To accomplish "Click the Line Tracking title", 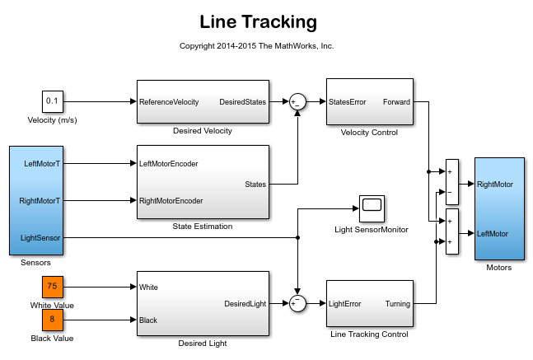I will point(258,22).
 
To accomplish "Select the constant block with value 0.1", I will point(53,101).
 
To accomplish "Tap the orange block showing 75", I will point(53,287).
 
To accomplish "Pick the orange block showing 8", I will point(53,320).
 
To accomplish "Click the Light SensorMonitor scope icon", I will point(372,208).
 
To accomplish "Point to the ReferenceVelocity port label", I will point(169,102).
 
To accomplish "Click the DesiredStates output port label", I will point(242,102).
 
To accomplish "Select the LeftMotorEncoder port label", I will point(169,163).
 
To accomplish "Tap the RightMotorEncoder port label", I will point(171,200).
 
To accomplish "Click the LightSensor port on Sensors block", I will point(40,237).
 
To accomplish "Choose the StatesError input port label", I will point(347,102).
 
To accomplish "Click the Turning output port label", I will point(398,304).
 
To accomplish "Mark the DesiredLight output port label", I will point(245,304).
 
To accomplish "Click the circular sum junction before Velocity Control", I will point(297,102).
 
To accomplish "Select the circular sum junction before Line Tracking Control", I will point(297,304).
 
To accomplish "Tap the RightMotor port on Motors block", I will point(494,185).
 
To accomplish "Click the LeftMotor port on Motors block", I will point(493,234).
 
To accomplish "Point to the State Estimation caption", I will point(203,227).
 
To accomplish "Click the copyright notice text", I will point(257,46).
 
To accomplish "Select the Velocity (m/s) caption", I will point(53,121).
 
